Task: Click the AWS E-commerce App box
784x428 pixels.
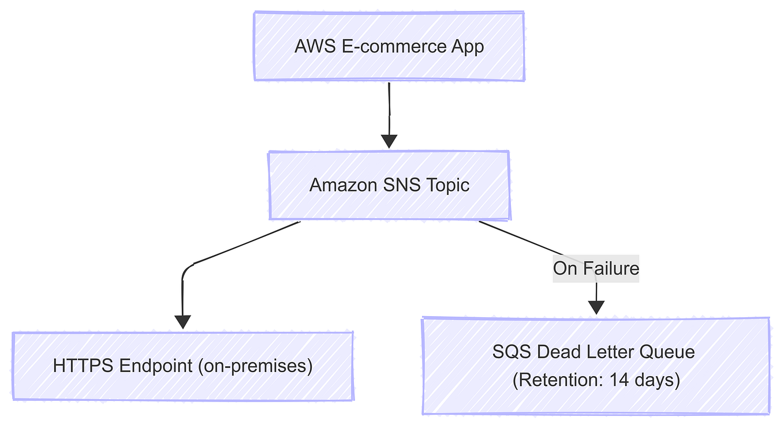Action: pos(389,46)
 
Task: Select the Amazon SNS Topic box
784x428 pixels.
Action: pos(389,185)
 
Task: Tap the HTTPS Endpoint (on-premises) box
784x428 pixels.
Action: pos(182,366)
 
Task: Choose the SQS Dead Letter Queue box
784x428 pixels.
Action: pos(596,366)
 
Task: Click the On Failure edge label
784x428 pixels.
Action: pos(596,268)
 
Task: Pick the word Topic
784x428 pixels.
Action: pos(449,185)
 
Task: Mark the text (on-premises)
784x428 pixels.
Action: pos(255,366)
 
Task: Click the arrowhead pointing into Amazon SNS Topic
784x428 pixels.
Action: pos(389,141)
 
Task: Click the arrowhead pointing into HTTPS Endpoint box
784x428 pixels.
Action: pos(182,321)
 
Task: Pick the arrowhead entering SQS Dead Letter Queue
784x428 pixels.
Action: pos(596,307)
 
